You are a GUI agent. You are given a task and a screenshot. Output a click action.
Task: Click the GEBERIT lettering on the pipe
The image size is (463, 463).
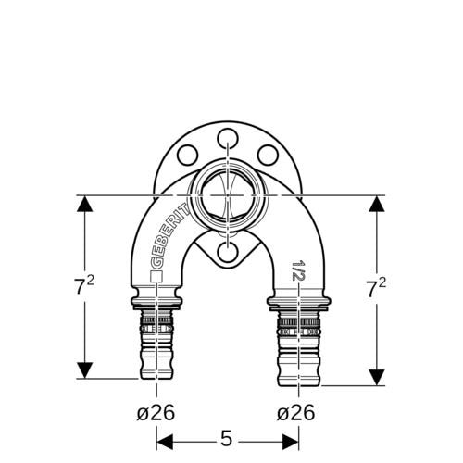pyautogui.click(x=169, y=236)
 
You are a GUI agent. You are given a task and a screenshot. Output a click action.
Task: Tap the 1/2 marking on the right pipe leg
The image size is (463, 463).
pyautogui.click(x=298, y=270)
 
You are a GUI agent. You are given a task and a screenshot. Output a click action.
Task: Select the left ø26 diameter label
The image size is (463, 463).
pyautogui.click(x=156, y=412)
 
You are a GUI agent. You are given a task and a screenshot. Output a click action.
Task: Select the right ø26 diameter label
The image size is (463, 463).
pyautogui.click(x=296, y=412)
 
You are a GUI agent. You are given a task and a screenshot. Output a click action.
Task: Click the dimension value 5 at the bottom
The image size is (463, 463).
pyautogui.click(x=226, y=438)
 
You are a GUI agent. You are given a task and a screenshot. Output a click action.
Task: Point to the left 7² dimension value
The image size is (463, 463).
pyautogui.click(x=84, y=286)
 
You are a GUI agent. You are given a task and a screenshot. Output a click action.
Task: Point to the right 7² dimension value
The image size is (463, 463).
pyautogui.click(x=376, y=288)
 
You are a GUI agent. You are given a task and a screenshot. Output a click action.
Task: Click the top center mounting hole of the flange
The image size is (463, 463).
pyautogui.click(x=228, y=139)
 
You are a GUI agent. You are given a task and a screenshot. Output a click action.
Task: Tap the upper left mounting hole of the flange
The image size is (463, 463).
pyautogui.click(x=187, y=155)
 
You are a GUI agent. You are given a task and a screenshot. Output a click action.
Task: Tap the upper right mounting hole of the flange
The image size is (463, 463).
pyautogui.click(x=268, y=155)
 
